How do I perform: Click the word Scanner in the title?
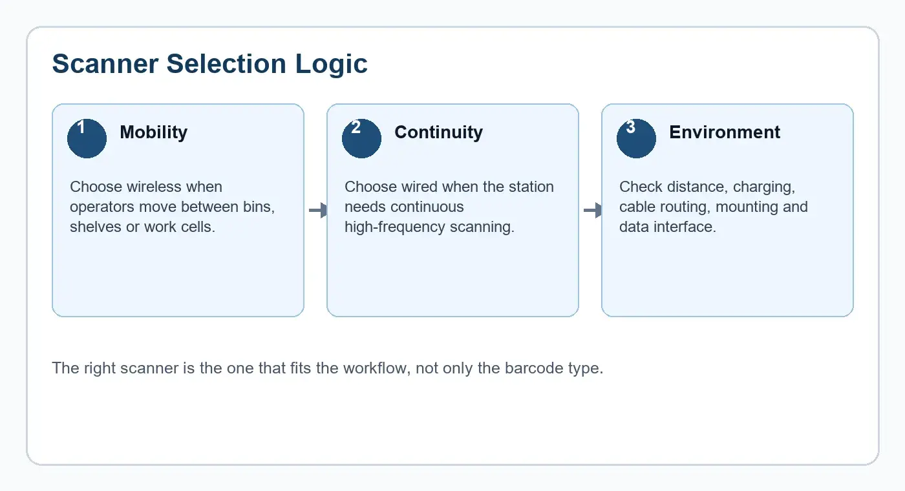(105, 64)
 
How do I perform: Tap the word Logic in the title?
(331, 65)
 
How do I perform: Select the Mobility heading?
(154, 132)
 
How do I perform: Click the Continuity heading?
(438, 132)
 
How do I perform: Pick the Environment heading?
(725, 132)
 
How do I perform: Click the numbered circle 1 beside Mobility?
(87, 138)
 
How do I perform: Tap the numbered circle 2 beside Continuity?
(361, 138)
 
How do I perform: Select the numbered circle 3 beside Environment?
(636, 138)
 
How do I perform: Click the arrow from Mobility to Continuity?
(318, 210)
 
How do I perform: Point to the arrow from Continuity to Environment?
(593, 210)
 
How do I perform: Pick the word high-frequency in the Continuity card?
(395, 227)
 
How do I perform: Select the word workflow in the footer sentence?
(377, 368)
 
